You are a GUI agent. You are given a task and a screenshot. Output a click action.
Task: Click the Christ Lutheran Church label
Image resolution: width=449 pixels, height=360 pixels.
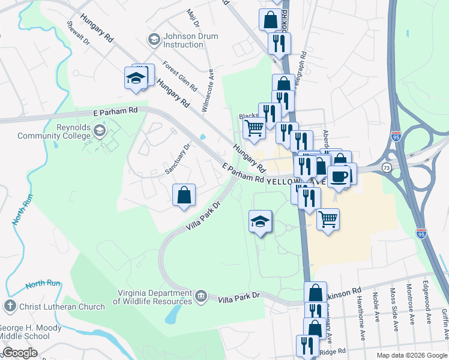(x=62, y=307)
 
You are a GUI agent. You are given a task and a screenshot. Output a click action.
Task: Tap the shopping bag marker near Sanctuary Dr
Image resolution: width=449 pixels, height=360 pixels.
(x=184, y=195)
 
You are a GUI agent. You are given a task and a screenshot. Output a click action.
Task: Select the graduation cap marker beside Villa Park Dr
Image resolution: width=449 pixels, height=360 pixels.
(x=260, y=221)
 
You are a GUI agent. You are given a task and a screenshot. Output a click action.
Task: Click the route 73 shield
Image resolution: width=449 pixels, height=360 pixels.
(x=388, y=167)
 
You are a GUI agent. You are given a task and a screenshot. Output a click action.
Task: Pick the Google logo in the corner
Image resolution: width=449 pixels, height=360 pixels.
(x=20, y=353)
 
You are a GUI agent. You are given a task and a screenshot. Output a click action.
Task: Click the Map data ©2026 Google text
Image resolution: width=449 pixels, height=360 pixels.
(x=411, y=355)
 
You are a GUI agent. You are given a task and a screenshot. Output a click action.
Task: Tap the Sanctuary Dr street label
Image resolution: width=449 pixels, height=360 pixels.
(x=178, y=159)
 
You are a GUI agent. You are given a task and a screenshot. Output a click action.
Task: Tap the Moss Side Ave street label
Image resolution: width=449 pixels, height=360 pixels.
(x=394, y=309)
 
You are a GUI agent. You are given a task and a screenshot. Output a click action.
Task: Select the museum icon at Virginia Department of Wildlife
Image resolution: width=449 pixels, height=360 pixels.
(x=200, y=296)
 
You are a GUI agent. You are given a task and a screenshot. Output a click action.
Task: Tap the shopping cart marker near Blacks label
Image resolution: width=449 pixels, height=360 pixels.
(x=254, y=128)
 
